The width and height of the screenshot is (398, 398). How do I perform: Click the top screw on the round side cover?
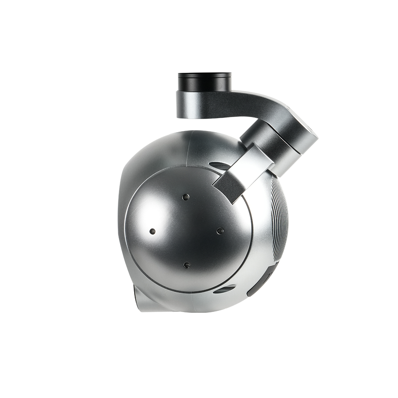[x=185, y=197]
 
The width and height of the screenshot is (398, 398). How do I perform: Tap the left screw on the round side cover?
[x=152, y=231]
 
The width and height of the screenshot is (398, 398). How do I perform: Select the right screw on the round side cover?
[x=219, y=230]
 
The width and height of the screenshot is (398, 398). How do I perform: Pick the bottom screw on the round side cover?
[x=186, y=264]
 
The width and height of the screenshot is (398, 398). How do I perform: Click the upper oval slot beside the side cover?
[x=218, y=164]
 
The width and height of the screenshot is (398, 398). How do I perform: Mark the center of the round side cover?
[x=185, y=231]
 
